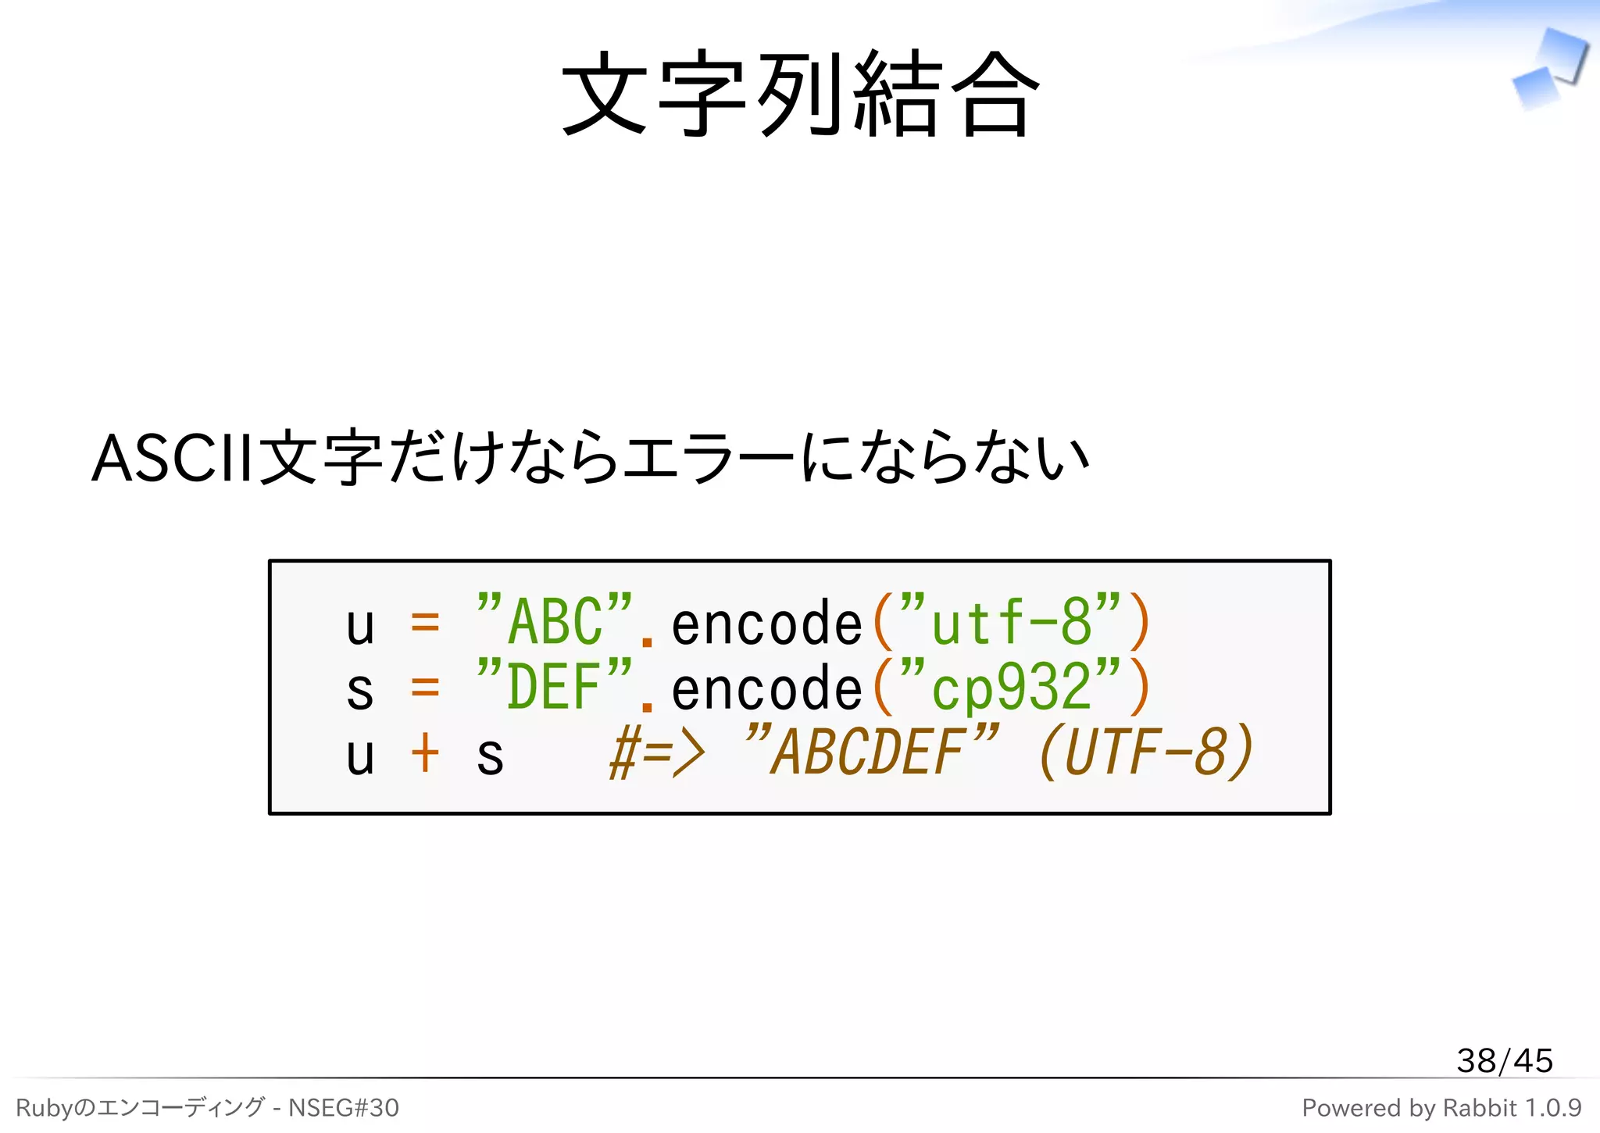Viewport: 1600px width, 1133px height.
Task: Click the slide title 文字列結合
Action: (x=800, y=94)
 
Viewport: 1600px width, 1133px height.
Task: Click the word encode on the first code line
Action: (x=766, y=624)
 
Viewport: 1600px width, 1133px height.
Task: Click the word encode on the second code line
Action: (x=766, y=689)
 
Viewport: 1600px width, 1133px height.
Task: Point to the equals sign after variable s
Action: (x=424, y=688)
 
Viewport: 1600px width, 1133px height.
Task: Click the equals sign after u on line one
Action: (x=424, y=624)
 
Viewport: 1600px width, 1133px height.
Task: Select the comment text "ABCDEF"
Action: (x=871, y=752)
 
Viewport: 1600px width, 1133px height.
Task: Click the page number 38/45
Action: (x=1504, y=1061)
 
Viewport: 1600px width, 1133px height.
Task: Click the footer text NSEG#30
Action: (x=344, y=1108)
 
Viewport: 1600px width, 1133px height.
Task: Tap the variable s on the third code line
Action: (x=490, y=756)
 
